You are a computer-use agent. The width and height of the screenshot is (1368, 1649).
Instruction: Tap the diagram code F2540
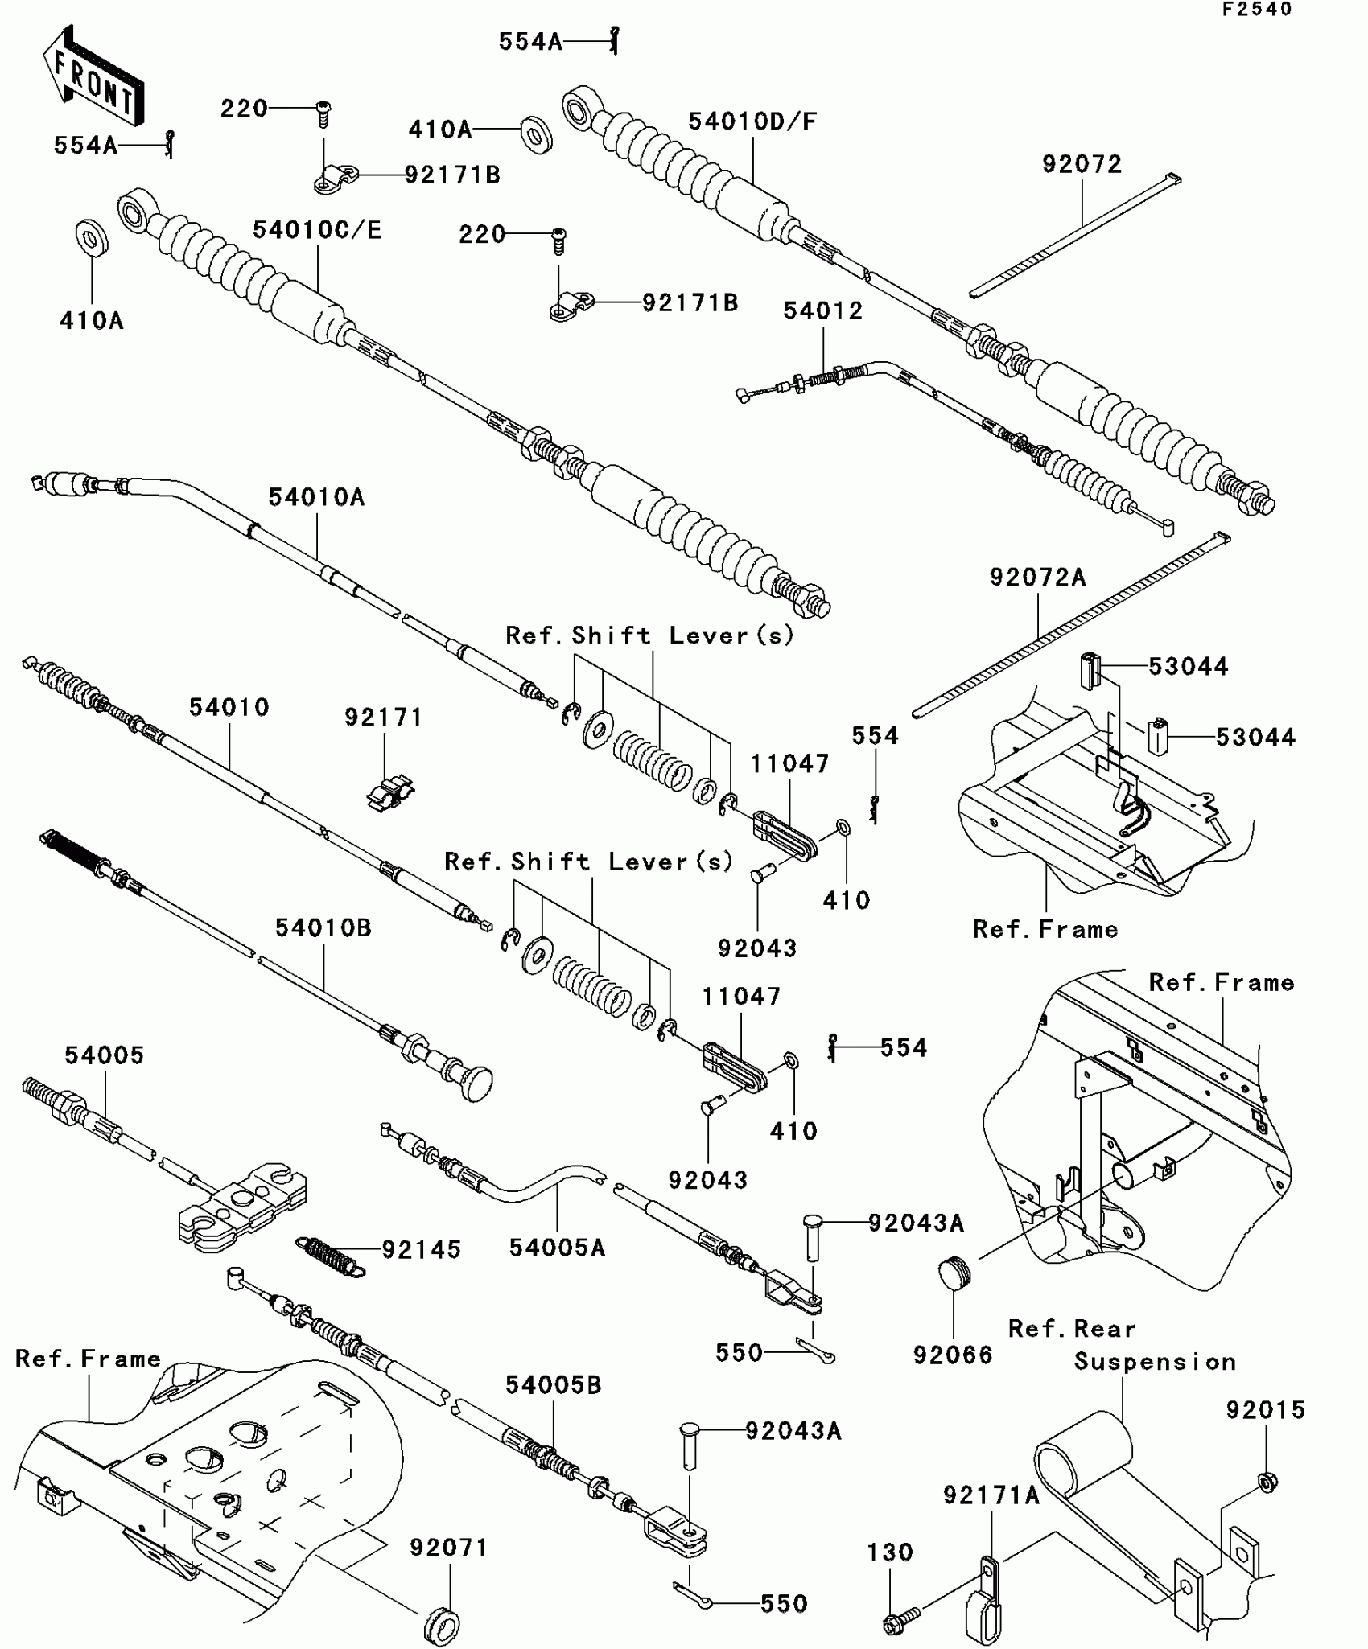point(1256,10)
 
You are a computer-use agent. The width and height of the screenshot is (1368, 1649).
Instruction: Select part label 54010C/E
point(317,230)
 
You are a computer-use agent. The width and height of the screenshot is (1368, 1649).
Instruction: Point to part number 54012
point(822,310)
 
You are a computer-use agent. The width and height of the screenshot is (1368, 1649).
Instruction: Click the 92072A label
point(1037,577)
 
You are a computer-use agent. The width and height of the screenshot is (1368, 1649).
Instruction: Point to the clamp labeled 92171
point(390,792)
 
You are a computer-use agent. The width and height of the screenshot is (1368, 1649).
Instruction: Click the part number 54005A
point(557,1248)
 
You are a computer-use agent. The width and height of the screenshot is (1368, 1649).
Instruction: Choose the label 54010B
point(323,927)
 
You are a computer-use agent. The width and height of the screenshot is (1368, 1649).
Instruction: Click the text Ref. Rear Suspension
point(1122,1345)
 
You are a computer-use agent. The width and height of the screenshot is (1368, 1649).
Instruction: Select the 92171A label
point(991,1495)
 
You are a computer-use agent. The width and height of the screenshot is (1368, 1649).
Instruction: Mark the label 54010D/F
point(752,121)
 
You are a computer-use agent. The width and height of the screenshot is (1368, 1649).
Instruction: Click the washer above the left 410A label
point(92,236)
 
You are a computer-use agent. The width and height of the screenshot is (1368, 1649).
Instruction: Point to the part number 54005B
point(554,1384)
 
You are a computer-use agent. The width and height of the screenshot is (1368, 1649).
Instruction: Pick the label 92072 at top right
point(1082,164)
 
